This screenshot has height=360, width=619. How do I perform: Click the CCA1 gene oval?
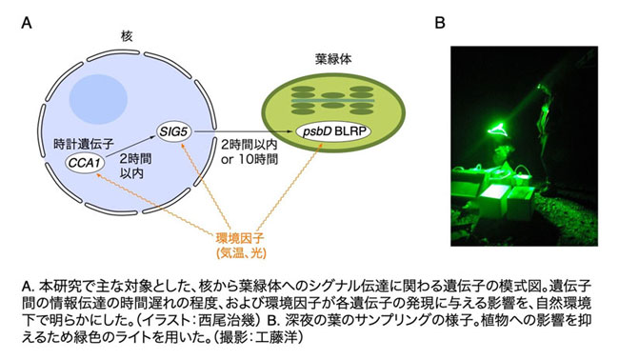coord(86,162)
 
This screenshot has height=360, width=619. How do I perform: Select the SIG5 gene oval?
coord(173,131)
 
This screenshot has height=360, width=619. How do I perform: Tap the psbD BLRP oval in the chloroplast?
coord(334,131)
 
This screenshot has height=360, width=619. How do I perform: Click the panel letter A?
coord(27,23)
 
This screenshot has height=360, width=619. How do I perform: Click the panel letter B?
coord(440,23)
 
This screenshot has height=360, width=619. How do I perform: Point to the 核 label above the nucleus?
coord(127,36)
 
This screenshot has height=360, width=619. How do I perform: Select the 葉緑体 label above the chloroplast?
coord(333,59)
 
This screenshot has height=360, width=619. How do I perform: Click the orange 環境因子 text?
coord(240,238)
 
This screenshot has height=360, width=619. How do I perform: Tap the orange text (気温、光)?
coord(241,252)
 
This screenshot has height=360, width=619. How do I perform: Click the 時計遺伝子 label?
coord(83,144)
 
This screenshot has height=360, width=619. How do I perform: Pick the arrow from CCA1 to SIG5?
coord(130,147)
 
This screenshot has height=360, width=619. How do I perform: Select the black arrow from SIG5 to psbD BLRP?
coord(245,131)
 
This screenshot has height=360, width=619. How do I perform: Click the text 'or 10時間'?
coord(250,159)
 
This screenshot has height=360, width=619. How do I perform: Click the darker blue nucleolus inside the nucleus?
coord(98,97)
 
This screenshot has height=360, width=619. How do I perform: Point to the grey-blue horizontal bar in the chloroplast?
coord(332,101)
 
